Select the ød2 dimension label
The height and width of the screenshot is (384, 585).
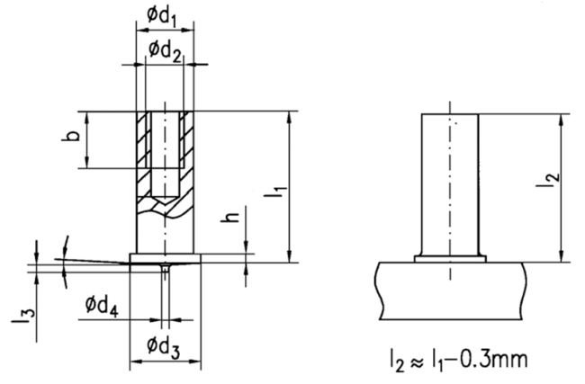coord(165,50)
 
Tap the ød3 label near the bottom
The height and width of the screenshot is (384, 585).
coord(163,347)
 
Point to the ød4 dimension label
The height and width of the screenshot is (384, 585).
coord(102,307)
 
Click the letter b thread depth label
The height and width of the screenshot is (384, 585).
coord(71,135)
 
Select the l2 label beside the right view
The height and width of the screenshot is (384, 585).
coord(548,181)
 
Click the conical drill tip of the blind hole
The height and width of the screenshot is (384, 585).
coord(165,201)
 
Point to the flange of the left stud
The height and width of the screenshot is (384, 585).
coord(165,258)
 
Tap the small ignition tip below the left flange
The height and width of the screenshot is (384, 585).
coord(165,266)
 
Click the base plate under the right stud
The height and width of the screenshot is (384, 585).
coord(451,290)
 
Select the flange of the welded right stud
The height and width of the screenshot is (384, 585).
coord(450,259)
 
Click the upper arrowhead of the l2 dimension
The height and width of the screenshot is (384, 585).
coord(561,120)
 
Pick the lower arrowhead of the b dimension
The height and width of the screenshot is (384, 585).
coord(86,162)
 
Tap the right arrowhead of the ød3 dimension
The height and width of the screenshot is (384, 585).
coord(195,362)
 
